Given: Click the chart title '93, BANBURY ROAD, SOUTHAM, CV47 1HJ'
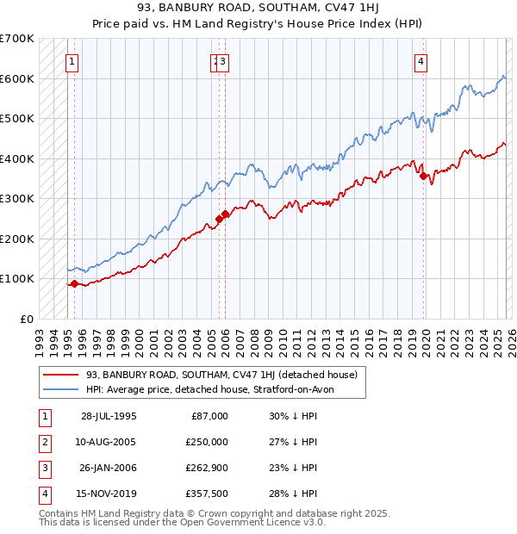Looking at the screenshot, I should pos(258,9).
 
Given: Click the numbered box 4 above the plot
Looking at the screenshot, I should pos(420,61).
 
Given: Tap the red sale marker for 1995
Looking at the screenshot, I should pos(75,283).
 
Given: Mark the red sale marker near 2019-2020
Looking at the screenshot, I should pos(424,176).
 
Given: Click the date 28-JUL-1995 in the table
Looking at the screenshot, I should pos(109,416).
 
